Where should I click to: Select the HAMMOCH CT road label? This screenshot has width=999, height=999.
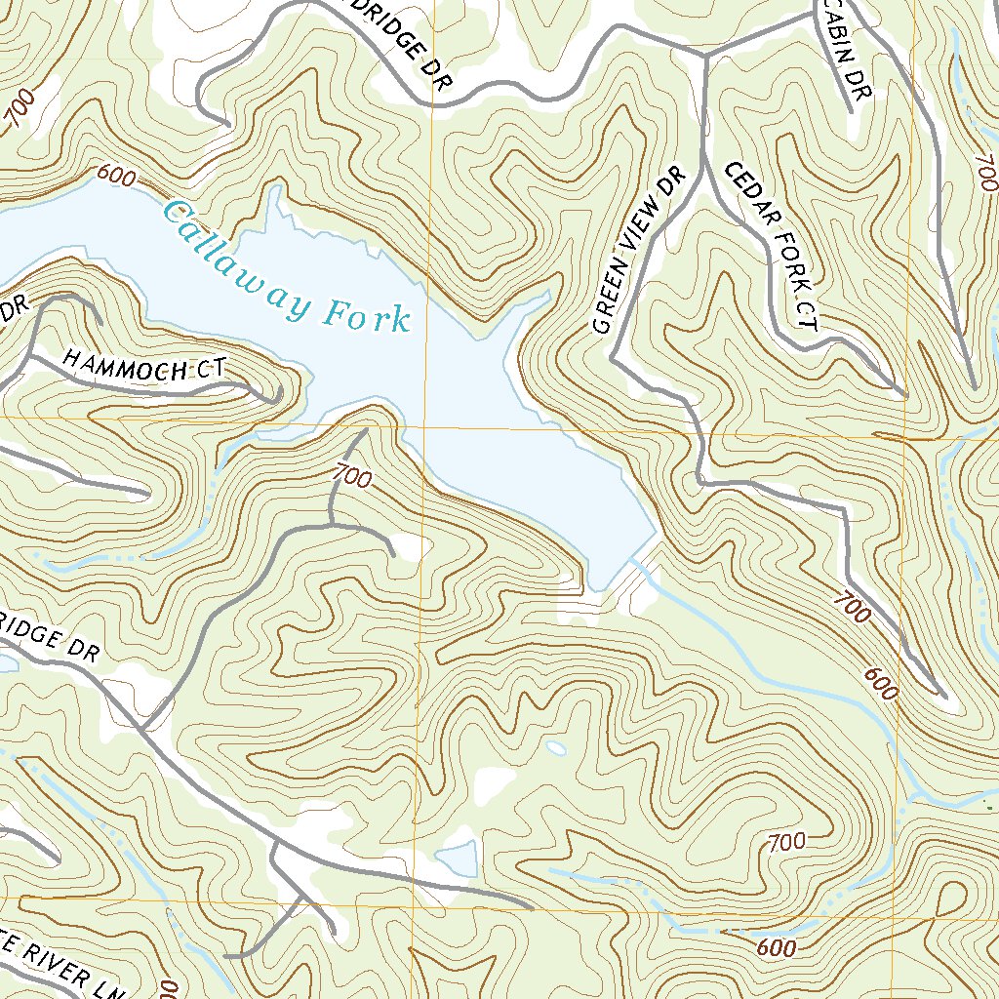tap(143, 365)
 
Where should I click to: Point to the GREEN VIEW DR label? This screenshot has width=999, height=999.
tap(639, 250)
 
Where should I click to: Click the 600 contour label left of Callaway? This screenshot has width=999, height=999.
tap(115, 177)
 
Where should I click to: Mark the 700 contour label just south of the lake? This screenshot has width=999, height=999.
tap(351, 477)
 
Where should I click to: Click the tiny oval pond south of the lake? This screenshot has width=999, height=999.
tap(555, 748)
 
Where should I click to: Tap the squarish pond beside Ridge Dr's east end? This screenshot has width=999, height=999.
tap(456, 859)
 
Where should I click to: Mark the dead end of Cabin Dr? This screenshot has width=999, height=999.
tap(851, 111)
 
